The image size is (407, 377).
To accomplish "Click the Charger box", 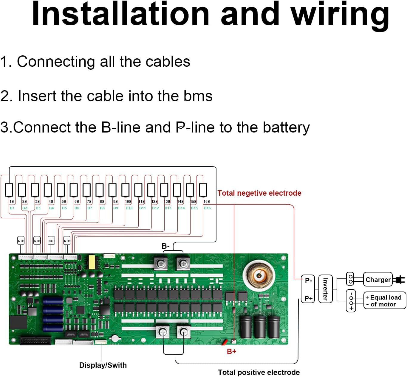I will (x=378, y=279).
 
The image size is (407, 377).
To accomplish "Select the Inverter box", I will (x=325, y=289).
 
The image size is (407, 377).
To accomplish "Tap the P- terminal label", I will (x=308, y=280).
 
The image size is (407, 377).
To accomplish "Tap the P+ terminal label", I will (x=308, y=298).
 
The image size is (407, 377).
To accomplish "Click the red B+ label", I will (x=231, y=351).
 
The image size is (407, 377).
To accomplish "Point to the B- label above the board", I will (x=165, y=246).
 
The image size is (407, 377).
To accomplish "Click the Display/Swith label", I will (x=103, y=365).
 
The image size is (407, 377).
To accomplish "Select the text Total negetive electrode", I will (x=259, y=193).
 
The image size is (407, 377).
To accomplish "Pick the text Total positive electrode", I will (x=259, y=372).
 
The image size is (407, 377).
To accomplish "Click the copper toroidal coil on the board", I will (x=259, y=275).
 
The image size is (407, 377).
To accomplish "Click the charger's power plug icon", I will (x=399, y=280).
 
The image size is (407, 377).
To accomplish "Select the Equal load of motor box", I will (x=385, y=300).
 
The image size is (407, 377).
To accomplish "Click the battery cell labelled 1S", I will (x=9, y=190).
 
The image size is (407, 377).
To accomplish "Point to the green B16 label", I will (x=207, y=208).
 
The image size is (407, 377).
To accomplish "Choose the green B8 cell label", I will (x=102, y=208).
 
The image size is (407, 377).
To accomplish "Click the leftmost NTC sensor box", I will (x=21, y=241).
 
